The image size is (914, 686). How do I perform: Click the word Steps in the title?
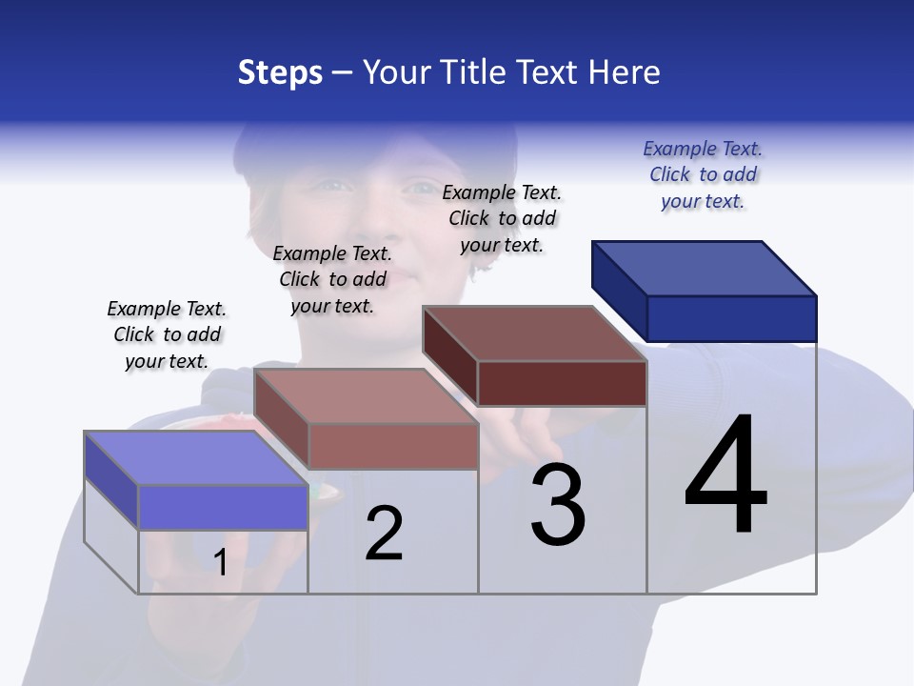pos(280,72)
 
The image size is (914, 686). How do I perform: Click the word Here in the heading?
pos(624,72)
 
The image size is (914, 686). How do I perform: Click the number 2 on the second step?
pos(385,533)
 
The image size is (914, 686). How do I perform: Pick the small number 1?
pos(220,562)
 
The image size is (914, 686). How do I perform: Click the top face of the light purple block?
pos(196,458)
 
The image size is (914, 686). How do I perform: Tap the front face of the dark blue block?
pos(731,318)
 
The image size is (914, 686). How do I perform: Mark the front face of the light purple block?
pos(223,507)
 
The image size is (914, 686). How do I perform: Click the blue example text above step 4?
pos(703,175)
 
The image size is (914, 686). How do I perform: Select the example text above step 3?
pos(502,218)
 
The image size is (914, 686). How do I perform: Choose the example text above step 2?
pos(332,279)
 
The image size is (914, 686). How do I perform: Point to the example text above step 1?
pos(167,334)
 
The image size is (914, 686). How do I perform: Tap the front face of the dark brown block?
pos(562,383)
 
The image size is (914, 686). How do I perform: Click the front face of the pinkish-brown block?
pos(392,446)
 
